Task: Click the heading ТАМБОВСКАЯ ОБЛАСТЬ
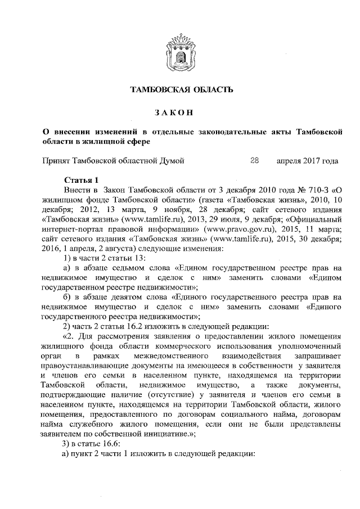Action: click(180, 89)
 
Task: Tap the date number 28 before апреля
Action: click(254, 161)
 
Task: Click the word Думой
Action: click(169, 161)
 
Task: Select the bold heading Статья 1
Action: click(82, 181)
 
